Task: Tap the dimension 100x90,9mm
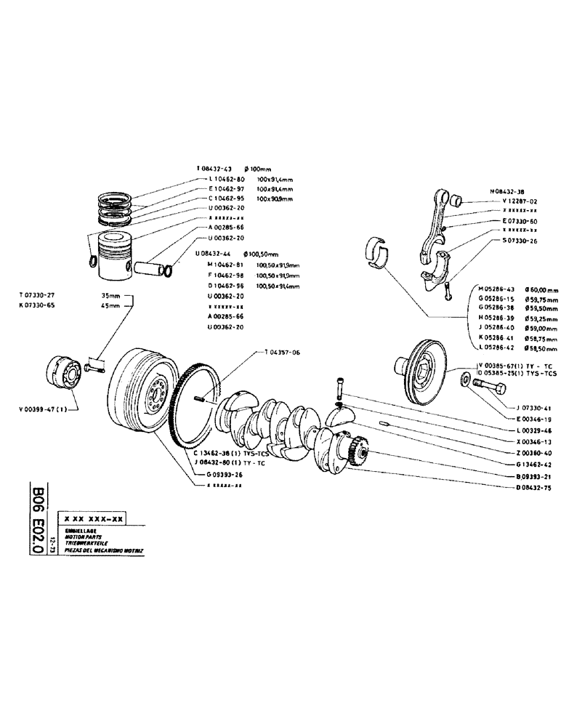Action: pos(276,198)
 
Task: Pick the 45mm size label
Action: pos(110,307)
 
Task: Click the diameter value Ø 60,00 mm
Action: pos(541,289)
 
